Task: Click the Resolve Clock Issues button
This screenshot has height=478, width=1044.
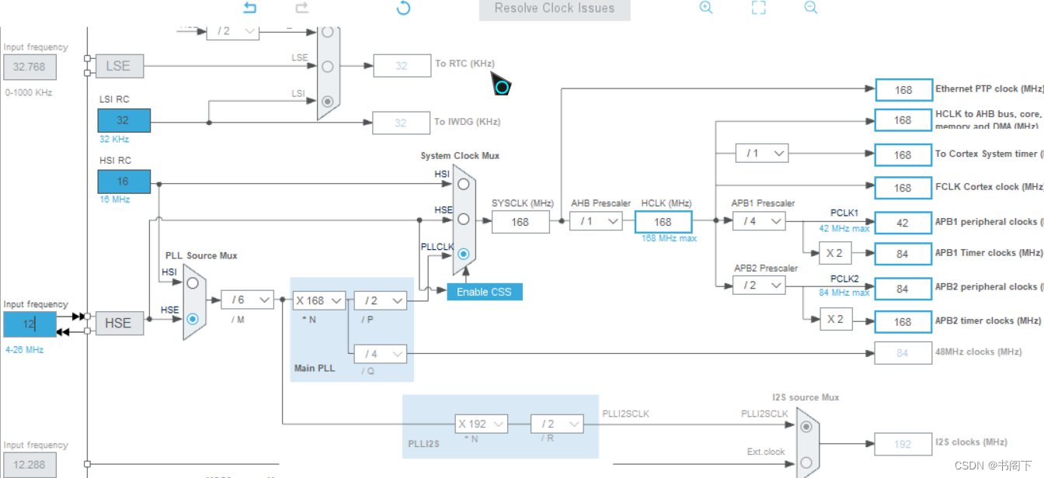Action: pos(555,9)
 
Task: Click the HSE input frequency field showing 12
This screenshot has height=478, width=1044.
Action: pos(30,324)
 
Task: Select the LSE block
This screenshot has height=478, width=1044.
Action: pos(118,67)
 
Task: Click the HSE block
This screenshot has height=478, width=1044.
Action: pos(118,323)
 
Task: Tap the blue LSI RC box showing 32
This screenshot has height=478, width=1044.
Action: pos(124,120)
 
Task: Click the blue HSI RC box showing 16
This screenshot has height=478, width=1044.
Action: pos(124,182)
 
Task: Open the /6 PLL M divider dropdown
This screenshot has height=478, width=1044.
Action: pos(247,300)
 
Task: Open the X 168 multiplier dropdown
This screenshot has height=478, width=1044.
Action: pos(318,300)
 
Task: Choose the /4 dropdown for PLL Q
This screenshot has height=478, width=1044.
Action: pos(380,354)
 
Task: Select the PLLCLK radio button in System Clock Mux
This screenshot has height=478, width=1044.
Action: pos(464,254)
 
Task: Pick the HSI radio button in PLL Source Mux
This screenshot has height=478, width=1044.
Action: pos(193,283)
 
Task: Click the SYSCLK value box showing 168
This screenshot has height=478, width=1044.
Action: pos(520,222)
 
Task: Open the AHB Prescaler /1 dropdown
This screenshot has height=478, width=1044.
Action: pos(596,222)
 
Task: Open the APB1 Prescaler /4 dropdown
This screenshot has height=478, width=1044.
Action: pos(759,222)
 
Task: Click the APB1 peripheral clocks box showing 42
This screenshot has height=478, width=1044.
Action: pos(903,222)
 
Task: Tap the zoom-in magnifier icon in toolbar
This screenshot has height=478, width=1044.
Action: pos(706,8)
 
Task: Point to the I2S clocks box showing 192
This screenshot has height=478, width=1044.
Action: pos(903,444)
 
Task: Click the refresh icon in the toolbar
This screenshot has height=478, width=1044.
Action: pos(403,9)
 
